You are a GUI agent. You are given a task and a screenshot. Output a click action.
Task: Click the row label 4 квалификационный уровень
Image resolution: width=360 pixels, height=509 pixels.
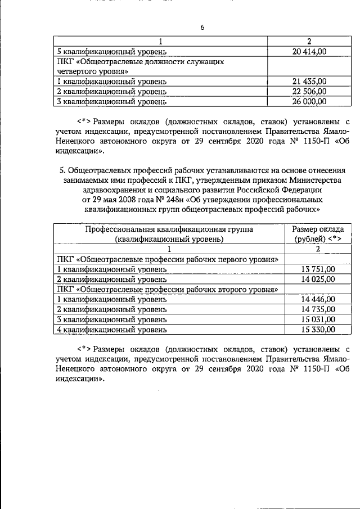[x=112, y=330]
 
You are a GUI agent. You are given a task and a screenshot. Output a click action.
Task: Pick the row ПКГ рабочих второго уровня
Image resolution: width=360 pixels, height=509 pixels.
[x=169, y=289]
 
